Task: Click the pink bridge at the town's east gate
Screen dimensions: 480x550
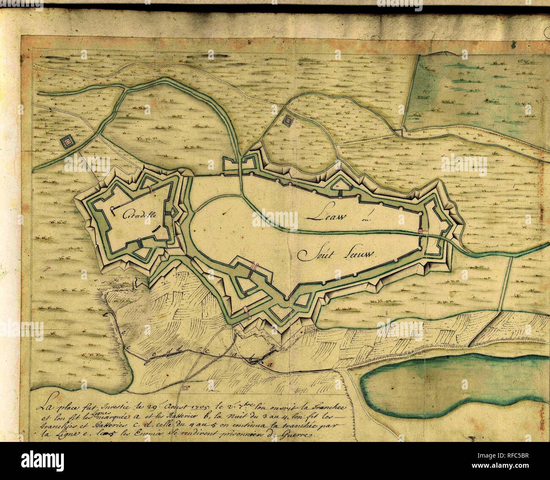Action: tap(422, 231)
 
